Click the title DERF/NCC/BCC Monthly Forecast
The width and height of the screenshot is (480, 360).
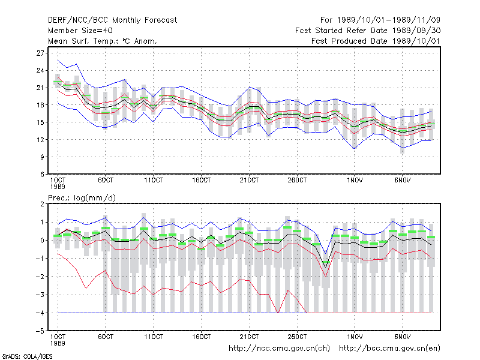pos(112,20)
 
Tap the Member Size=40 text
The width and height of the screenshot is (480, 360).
pos(80,31)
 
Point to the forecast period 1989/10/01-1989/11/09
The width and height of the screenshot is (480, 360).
pos(380,20)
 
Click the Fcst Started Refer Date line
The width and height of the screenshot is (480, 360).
pos(368,31)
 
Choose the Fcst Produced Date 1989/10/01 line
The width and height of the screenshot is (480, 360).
pos(376,41)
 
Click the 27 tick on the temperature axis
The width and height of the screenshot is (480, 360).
pos(40,53)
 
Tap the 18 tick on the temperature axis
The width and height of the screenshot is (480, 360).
pos(40,105)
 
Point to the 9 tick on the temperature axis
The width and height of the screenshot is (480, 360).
pos(42,157)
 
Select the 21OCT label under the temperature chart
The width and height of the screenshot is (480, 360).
pos(249,181)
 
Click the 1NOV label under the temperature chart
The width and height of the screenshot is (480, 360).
pos(355,181)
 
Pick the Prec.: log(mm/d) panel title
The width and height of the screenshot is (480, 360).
pos(82,198)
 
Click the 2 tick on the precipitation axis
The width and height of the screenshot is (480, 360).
pos(42,204)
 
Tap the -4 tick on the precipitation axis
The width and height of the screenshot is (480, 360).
pos(40,313)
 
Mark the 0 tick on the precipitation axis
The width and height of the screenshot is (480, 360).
pos(42,241)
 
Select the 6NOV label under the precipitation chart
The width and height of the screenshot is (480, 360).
pos(402,337)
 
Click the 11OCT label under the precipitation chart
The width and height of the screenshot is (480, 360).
pos(154,337)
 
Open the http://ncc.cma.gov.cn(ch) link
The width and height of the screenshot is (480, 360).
pos(279,349)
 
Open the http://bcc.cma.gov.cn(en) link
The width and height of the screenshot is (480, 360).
pos(389,349)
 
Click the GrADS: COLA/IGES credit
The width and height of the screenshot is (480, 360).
pos(27,356)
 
